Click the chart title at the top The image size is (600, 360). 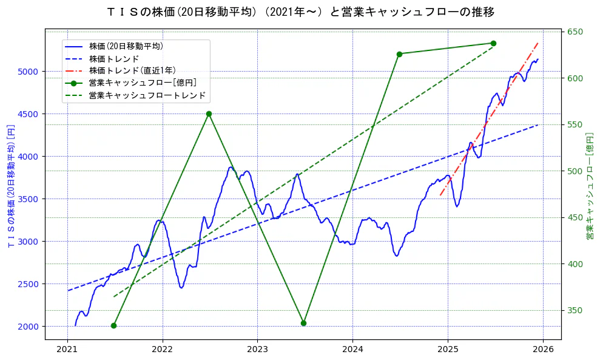(300, 12)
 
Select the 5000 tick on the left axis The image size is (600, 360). (28, 72)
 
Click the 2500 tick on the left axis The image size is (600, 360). (28, 284)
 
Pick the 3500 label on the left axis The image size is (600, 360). (28, 199)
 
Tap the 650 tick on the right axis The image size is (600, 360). (575, 32)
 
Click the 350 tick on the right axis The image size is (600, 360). (575, 311)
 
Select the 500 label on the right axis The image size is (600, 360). (575, 171)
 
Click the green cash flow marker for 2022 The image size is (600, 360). (209, 114)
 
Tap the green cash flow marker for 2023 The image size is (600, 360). (303, 323)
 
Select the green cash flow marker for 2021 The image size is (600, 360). (113, 325)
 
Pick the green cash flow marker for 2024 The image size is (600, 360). (399, 54)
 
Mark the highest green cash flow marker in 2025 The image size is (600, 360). (493, 43)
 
